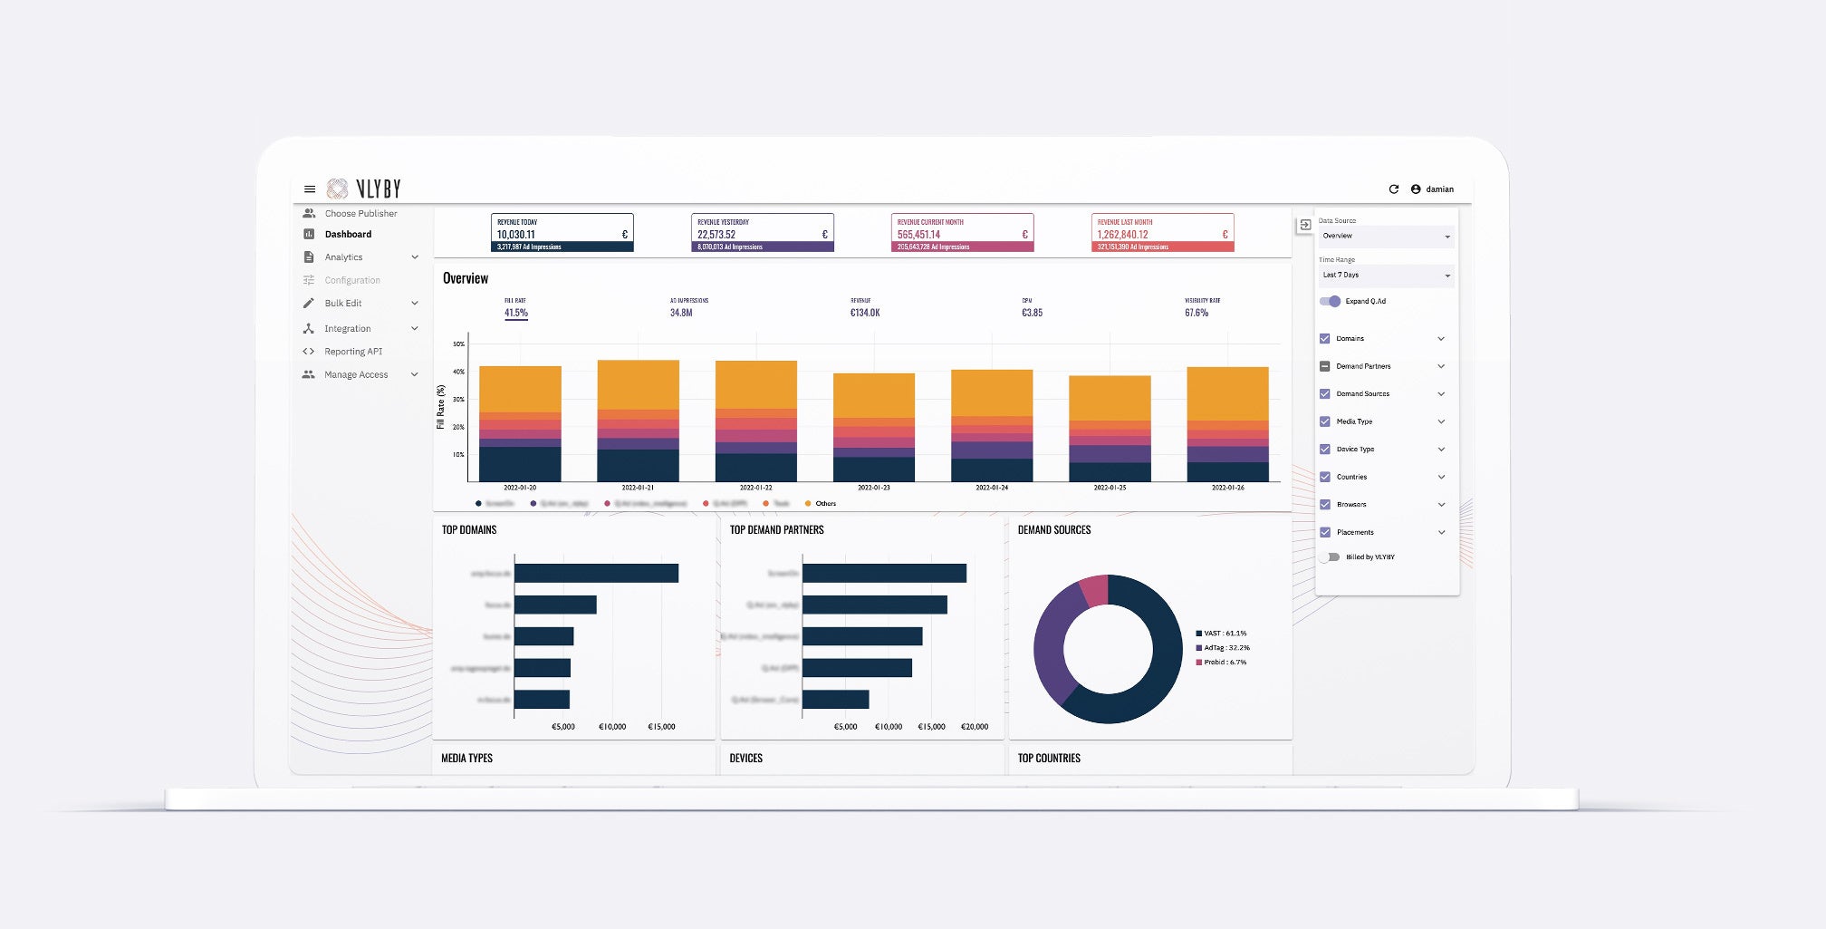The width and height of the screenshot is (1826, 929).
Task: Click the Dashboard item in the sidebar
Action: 348,235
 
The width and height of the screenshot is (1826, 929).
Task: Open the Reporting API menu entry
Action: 353,352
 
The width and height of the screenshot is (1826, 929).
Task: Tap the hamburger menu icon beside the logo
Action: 310,189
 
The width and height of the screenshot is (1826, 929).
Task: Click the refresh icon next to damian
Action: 1394,189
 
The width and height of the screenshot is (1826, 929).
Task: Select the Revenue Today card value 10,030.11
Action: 516,235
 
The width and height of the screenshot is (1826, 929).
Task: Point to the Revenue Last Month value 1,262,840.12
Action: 1123,235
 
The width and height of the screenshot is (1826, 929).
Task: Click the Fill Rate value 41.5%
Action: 516,313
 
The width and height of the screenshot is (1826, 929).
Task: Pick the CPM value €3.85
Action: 1032,313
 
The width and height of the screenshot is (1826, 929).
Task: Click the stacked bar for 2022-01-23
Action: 874,426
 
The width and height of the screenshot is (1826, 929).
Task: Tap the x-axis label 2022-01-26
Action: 1228,488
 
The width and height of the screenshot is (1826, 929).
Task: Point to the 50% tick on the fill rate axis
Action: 458,344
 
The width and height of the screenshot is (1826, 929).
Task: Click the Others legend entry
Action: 825,504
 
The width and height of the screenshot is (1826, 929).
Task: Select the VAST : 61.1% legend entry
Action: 1225,634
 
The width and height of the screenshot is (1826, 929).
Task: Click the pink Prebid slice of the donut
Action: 1095,590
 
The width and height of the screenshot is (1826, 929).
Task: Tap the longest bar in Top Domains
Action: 596,573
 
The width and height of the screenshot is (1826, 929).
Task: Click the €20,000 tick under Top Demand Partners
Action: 975,727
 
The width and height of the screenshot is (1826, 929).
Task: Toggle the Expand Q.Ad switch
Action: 1330,301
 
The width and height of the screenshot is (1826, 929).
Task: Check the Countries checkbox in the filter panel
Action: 1325,477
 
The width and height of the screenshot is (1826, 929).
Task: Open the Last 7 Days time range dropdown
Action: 1386,276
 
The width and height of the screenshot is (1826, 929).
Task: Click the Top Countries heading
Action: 1049,759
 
